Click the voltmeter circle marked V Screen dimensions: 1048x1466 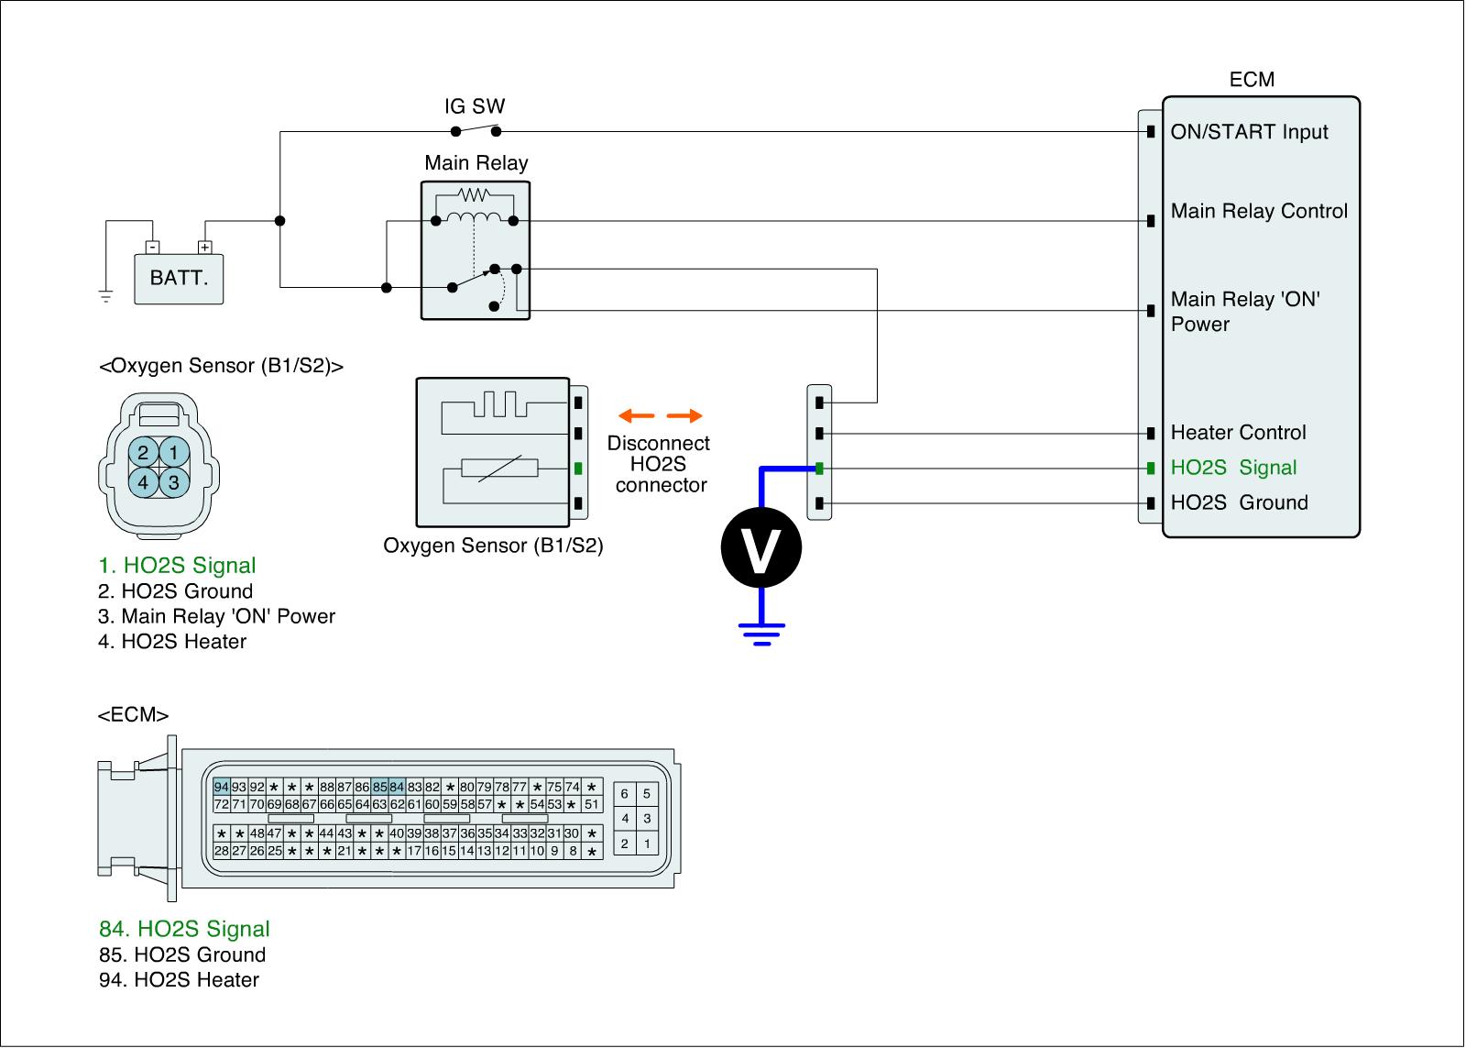[x=760, y=548]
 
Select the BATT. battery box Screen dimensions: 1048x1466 [x=179, y=277]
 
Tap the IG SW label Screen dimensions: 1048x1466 [x=475, y=106]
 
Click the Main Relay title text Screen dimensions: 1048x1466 [x=476, y=163]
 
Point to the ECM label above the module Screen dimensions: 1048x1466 [x=1252, y=80]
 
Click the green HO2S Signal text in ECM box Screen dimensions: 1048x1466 [x=1233, y=468]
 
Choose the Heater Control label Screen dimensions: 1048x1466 [x=1238, y=433]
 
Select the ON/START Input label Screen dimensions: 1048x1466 [x=1249, y=132]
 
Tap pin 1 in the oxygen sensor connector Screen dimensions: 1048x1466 [x=174, y=452]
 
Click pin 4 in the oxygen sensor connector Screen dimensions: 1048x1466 [x=144, y=481]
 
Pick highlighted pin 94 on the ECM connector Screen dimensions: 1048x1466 [x=221, y=787]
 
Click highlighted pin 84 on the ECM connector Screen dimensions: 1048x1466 [x=397, y=787]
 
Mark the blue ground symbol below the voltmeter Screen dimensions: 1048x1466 [x=761, y=633]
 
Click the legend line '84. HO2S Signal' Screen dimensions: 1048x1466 [x=184, y=929]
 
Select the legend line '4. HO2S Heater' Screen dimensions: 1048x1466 [x=172, y=642]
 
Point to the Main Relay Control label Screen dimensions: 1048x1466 [x=1259, y=212]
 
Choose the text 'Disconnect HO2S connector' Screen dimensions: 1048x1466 [x=659, y=464]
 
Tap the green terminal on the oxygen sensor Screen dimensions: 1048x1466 [x=578, y=469]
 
